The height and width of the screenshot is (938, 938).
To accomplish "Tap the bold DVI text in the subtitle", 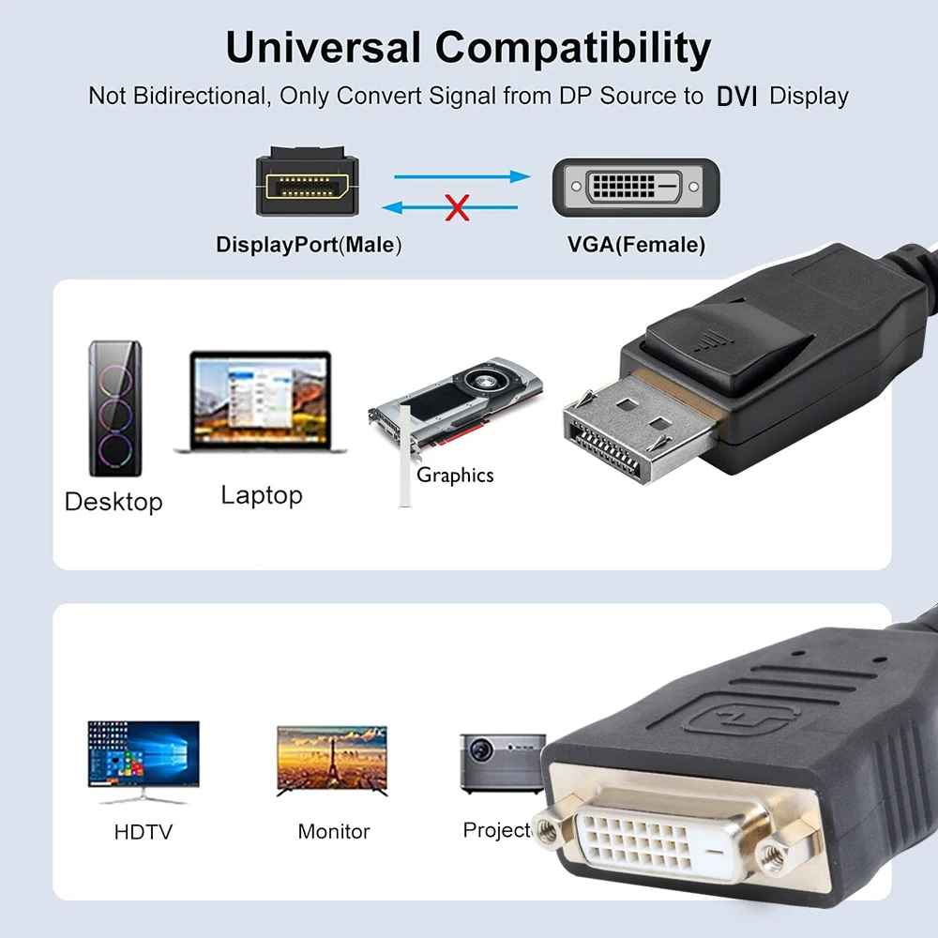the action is pyautogui.click(x=736, y=97).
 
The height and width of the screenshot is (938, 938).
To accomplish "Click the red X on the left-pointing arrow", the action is pyautogui.click(x=457, y=207).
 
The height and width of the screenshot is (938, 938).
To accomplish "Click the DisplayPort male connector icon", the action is pyautogui.click(x=307, y=183).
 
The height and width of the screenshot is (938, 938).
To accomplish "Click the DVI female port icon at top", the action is pyautogui.click(x=636, y=188).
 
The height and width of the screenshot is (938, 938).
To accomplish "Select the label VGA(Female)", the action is pyautogui.click(x=636, y=246).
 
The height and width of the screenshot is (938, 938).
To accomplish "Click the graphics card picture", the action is pyautogui.click(x=457, y=401).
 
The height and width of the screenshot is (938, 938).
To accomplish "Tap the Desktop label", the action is pyautogui.click(x=113, y=502).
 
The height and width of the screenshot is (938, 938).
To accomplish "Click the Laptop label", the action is pyautogui.click(x=262, y=494).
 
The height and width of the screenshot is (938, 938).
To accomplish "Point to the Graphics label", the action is pyautogui.click(x=455, y=476).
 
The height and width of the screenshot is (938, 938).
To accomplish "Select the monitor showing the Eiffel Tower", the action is pyautogui.click(x=332, y=760).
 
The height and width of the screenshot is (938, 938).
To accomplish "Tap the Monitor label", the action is pyautogui.click(x=334, y=831).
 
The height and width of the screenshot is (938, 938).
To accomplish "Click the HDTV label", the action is pyautogui.click(x=144, y=832).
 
